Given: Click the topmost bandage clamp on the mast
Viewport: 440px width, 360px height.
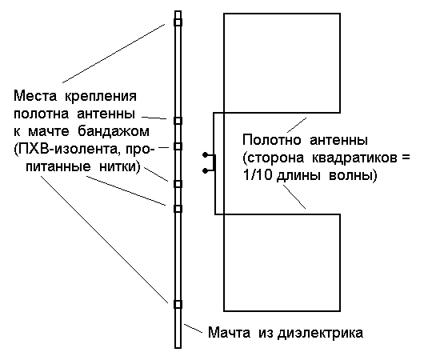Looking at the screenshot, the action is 178,22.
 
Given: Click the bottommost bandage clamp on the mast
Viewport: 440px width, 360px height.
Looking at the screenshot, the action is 178,305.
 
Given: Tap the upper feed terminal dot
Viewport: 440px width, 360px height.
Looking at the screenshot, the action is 205,154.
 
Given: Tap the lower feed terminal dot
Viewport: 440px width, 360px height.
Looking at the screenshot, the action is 205,170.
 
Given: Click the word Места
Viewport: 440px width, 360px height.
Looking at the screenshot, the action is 35,96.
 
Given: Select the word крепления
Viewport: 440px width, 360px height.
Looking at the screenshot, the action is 101,97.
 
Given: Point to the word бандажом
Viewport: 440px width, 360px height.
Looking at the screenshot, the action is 114,131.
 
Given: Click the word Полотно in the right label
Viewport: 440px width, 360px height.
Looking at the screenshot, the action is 272,140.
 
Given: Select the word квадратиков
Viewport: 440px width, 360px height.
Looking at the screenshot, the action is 354,158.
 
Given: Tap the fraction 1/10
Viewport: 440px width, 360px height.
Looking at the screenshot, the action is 258,176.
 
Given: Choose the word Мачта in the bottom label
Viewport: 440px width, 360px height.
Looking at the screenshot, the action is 229,333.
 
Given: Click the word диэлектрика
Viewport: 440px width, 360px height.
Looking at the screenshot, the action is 321,334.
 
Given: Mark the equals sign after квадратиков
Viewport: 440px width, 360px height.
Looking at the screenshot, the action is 405,158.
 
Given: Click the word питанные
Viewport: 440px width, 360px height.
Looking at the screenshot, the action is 58,167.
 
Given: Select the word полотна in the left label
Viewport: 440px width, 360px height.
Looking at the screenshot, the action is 41,114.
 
